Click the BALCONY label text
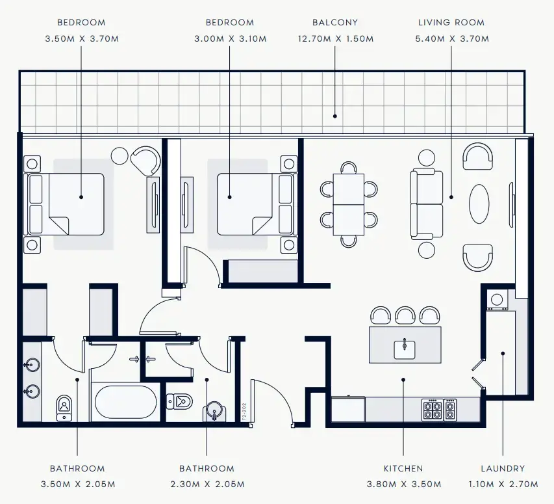tap(335, 23)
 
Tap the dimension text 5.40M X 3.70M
tap(452, 38)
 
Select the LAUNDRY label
tap(503, 469)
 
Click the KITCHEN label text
tap(403, 469)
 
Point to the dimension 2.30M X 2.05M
tap(207, 484)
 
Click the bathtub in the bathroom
tap(126, 402)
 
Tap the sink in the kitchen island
tap(405, 349)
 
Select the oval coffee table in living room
tap(479, 204)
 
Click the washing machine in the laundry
tap(497, 300)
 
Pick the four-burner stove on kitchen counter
tap(433, 410)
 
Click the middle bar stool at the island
tap(405, 315)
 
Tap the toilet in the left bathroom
tap(64, 408)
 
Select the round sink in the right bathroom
tap(214, 410)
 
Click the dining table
tap(348, 204)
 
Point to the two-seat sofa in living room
tap(427, 204)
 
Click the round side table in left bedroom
tap(120, 155)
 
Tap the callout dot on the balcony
tap(335, 116)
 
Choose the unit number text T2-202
tap(244, 411)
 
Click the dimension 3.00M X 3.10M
tap(231, 38)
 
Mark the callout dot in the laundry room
tap(503, 353)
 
